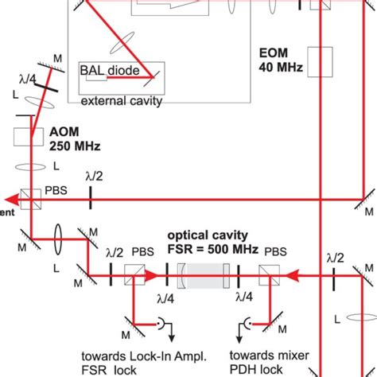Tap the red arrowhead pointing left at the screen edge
click(6, 196)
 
